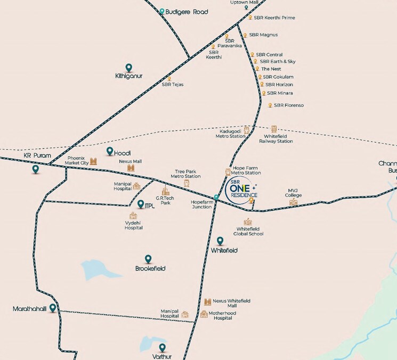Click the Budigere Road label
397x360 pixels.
pos(186,12)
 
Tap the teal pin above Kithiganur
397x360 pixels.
pos(128,68)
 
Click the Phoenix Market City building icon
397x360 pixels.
pos(94,161)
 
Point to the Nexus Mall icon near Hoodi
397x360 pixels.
pos(131,168)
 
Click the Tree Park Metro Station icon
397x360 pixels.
pos(186,183)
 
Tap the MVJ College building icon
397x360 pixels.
pos(293,202)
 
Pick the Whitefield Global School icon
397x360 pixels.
pos(247,222)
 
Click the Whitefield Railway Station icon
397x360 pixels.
pos(274,129)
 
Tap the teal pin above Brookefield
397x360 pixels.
pos(148,259)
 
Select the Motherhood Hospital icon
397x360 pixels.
pos(204,314)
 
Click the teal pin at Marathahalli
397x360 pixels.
pos(53,308)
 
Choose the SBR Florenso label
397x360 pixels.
pos(288,105)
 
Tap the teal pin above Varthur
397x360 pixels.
pos(162,348)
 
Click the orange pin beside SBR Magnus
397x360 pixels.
pos(245,35)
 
